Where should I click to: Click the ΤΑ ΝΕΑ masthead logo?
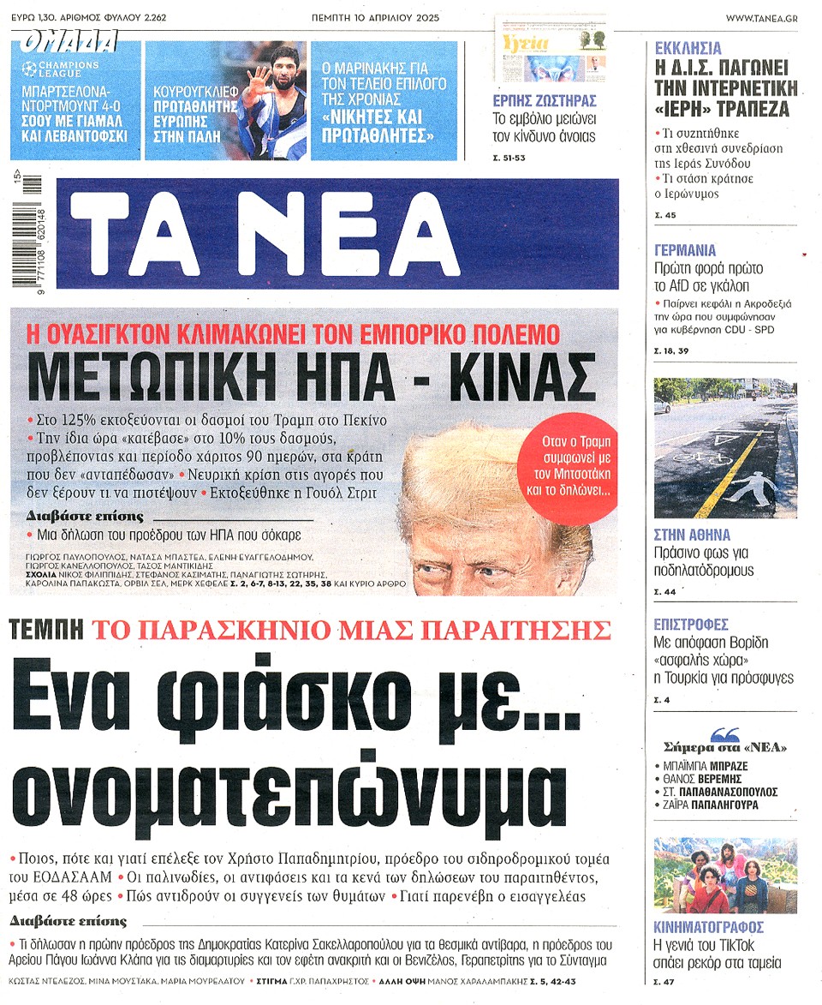(x=342, y=233)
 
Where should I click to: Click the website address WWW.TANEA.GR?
(x=762, y=18)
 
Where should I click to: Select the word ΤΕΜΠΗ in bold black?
(x=46, y=631)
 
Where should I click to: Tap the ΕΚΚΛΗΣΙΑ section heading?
(x=688, y=49)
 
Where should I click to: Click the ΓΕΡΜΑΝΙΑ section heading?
(x=685, y=251)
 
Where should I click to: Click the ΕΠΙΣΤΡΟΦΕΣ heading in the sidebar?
(x=691, y=624)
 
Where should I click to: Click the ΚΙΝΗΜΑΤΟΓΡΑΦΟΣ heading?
(x=709, y=927)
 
